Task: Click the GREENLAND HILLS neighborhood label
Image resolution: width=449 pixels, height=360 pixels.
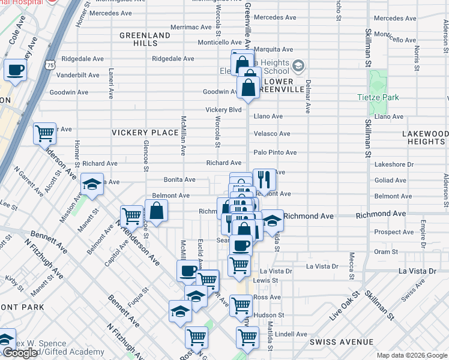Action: [145, 40]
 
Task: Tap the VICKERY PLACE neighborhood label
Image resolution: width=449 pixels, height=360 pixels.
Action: [142, 131]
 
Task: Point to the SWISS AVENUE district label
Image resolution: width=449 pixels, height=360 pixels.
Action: [339, 341]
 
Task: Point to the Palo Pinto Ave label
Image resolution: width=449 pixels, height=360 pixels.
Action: [275, 152]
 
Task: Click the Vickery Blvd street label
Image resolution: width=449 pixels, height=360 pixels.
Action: [223, 110]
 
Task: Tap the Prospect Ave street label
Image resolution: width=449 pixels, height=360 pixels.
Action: [393, 232]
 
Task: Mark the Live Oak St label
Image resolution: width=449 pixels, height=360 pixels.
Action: [343, 307]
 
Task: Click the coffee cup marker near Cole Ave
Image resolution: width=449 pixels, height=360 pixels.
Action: [16, 70]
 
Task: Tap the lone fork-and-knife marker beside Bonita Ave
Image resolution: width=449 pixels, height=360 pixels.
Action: [264, 179]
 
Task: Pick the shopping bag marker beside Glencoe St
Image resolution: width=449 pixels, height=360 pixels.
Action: [156, 211]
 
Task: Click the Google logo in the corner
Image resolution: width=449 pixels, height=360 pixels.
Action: [20, 353]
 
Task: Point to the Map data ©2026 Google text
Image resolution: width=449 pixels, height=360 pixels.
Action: [411, 355]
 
